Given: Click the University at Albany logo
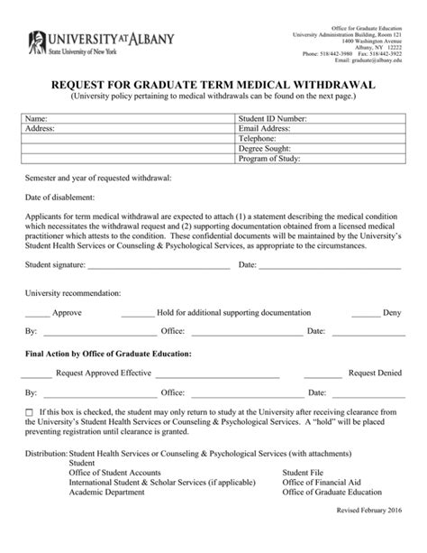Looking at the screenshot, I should tap(100, 41).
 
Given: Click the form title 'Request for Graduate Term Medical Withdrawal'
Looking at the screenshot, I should tap(213, 85).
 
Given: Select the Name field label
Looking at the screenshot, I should tap(35, 118).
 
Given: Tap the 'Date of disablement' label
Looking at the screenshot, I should tap(59, 196).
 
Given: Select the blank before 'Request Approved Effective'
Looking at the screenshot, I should tap(37, 372).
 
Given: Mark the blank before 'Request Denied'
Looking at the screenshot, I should tap(330, 372).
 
